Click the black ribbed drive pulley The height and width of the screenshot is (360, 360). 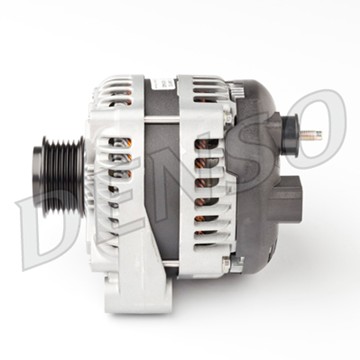tap(59, 177)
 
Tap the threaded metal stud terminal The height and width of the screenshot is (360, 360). tap(311, 135)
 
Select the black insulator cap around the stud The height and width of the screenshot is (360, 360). tap(289, 135)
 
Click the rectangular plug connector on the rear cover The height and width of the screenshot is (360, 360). tap(285, 198)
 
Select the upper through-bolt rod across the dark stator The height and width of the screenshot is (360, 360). tap(162, 118)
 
